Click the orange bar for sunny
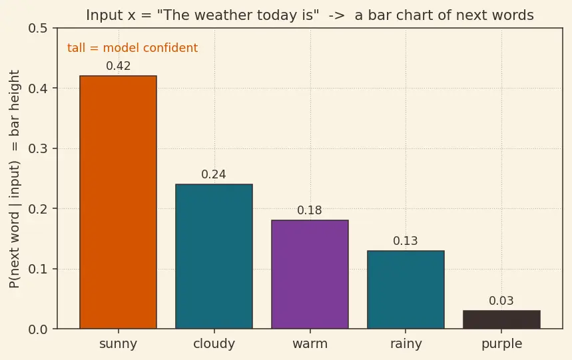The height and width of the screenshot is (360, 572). [x=118, y=202]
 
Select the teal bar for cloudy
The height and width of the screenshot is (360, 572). [x=214, y=256]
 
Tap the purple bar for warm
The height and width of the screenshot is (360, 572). [x=310, y=274]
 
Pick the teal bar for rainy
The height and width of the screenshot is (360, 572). [x=406, y=289]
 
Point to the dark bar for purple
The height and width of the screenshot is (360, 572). [x=501, y=319]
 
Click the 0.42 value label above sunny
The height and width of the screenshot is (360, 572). [x=118, y=66]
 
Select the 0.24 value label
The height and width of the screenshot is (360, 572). [x=214, y=174]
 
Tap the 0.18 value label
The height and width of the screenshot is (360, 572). [x=310, y=210]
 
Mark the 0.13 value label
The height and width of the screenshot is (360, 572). [x=406, y=241]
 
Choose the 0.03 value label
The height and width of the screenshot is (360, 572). [x=501, y=301]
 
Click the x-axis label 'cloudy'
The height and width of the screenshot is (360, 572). [x=214, y=343]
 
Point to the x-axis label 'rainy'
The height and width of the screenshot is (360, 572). [x=406, y=343]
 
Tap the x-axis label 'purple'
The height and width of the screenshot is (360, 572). [x=502, y=344]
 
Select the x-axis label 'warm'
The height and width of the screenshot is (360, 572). [x=310, y=343]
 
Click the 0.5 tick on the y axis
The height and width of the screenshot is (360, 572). [x=38, y=28]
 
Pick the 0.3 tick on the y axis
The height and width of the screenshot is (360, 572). [x=38, y=148]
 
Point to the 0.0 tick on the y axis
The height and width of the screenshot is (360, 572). [x=38, y=329]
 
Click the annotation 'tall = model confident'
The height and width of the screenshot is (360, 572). [x=133, y=48]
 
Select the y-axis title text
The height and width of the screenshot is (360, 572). [x=14, y=179]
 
